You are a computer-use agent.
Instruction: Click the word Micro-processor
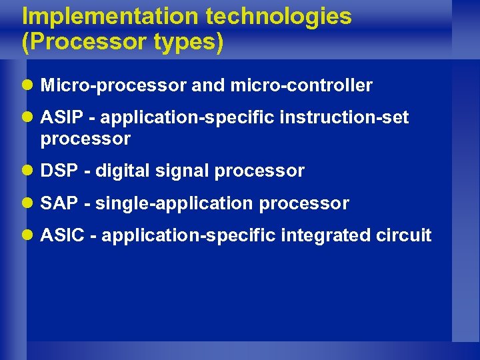113,86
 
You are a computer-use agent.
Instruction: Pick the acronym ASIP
59,118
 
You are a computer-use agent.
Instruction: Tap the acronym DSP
59,171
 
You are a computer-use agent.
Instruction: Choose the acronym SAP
58,203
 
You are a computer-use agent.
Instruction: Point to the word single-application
175,203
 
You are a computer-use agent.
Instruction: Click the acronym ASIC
61,235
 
